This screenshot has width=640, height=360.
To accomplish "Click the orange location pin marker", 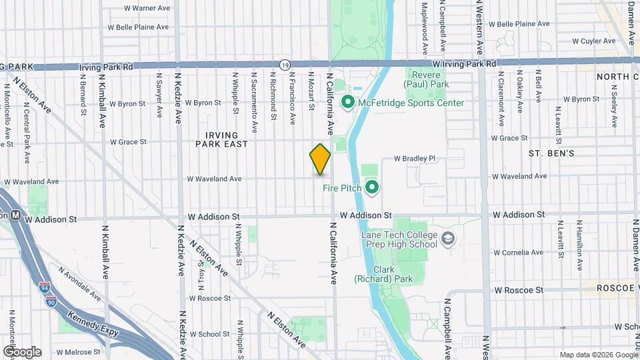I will (320, 159).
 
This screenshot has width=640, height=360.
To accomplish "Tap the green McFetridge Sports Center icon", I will (347, 103).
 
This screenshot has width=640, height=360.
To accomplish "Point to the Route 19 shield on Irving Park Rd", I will (285, 65).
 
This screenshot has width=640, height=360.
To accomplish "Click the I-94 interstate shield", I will (44, 288).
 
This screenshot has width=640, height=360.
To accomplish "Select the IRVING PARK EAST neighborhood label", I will (221, 139).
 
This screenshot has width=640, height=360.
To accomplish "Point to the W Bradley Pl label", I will (414, 159).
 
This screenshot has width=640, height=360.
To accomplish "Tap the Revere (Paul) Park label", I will (427, 79).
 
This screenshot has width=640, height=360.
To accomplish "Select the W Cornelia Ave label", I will (517, 253).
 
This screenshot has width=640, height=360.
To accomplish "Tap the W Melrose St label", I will (78, 351).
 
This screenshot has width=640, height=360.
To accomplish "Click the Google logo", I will (21, 352).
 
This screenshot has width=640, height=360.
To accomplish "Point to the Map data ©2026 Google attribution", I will (598, 355).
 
